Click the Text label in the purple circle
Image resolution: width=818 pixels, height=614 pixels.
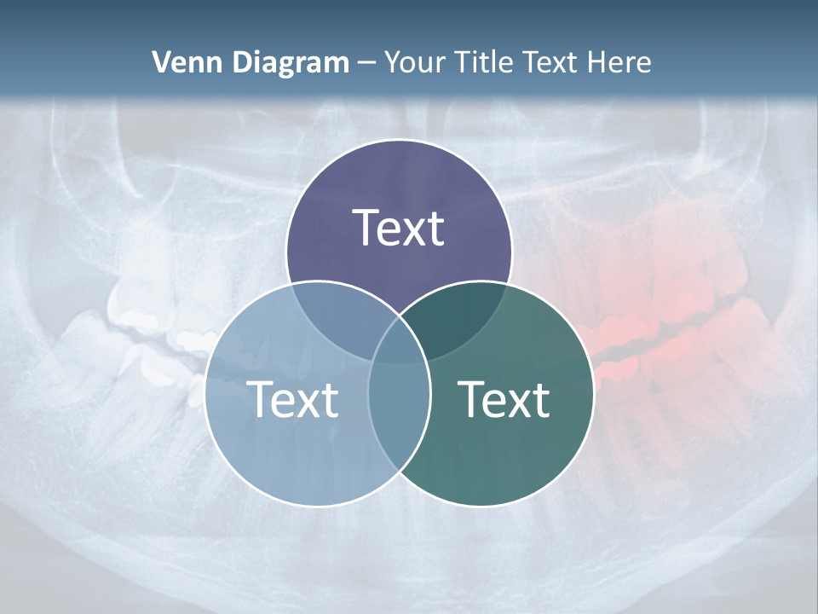[399, 228]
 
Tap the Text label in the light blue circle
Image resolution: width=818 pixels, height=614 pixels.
[292, 398]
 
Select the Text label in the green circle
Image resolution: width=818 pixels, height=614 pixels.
[504, 398]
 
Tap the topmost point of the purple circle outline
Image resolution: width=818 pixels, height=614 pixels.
[399, 141]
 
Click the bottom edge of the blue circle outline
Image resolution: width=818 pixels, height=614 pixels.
[317, 506]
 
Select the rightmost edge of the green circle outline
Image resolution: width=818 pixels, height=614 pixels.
[593, 394]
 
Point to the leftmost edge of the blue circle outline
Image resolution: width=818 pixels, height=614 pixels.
[205, 394]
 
